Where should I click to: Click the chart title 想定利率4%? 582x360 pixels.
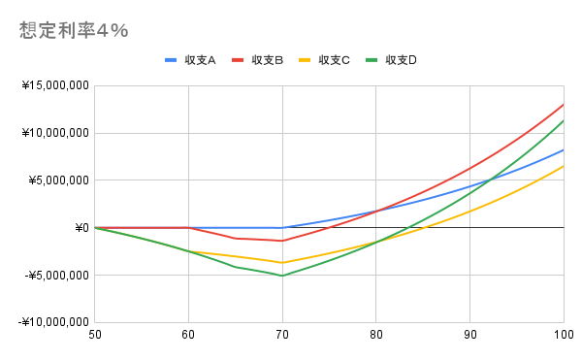(x=74, y=30)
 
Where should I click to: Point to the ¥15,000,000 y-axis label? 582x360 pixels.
(x=55, y=86)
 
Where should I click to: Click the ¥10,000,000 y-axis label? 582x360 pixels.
(x=55, y=133)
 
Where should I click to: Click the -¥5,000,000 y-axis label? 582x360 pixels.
(x=56, y=275)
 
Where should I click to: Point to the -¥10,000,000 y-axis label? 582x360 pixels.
(x=53, y=322)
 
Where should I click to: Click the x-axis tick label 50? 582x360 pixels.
(x=94, y=335)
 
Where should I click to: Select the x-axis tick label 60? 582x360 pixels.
(x=188, y=335)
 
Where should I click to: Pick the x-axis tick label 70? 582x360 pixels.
(x=282, y=335)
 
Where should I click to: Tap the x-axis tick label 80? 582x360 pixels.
(x=375, y=335)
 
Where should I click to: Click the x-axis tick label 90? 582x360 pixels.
(x=469, y=335)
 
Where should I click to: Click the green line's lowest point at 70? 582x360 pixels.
(x=282, y=276)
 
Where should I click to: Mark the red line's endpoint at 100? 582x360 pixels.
(x=564, y=105)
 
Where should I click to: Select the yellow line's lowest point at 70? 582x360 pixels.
(x=282, y=263)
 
